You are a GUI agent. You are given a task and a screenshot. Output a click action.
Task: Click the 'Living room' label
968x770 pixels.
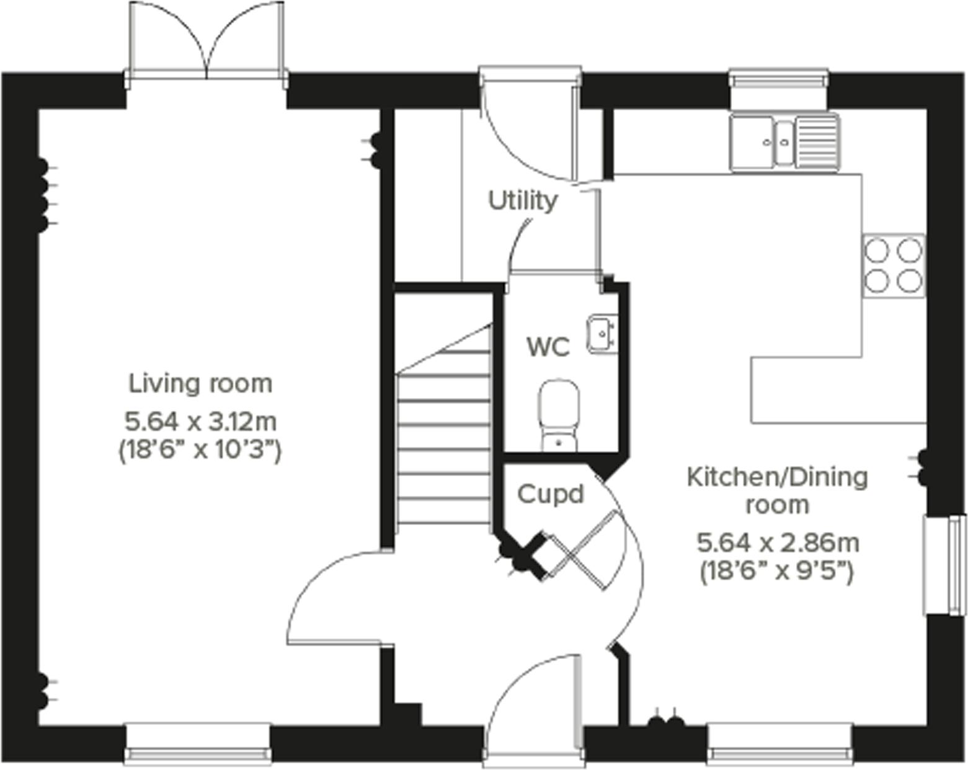[x=200, y=384]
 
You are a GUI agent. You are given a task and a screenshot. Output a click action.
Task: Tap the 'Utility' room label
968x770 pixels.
[x=523, y=201]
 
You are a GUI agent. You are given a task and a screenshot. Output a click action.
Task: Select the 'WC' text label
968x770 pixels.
[x=548, y=347]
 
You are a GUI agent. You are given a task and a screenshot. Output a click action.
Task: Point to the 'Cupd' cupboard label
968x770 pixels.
[x=550, y=494]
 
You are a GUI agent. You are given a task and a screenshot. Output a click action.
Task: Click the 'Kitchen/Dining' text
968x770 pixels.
[x=777, y=477]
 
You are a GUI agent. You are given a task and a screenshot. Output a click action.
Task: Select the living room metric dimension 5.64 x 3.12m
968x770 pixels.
[x=200, y=422]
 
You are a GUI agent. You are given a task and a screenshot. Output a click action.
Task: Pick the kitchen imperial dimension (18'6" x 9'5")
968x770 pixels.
[x=777, y=570]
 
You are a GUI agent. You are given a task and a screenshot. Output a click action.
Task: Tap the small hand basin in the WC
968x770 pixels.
[x=601, y=334]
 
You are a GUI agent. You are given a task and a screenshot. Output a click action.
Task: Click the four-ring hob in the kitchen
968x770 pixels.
[x=894, y=266]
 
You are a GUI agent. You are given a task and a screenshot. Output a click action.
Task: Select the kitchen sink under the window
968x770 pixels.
[x=784, y=141]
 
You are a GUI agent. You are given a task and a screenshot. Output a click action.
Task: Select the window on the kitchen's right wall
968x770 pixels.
[x=945, y=564]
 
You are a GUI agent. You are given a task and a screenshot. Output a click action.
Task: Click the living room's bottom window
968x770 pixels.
[x=198, y=743]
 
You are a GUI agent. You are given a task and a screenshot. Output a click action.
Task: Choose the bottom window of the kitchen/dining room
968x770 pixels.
[x=779, y=743]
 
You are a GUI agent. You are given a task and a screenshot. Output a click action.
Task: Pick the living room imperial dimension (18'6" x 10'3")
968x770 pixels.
[x=200, y=449]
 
